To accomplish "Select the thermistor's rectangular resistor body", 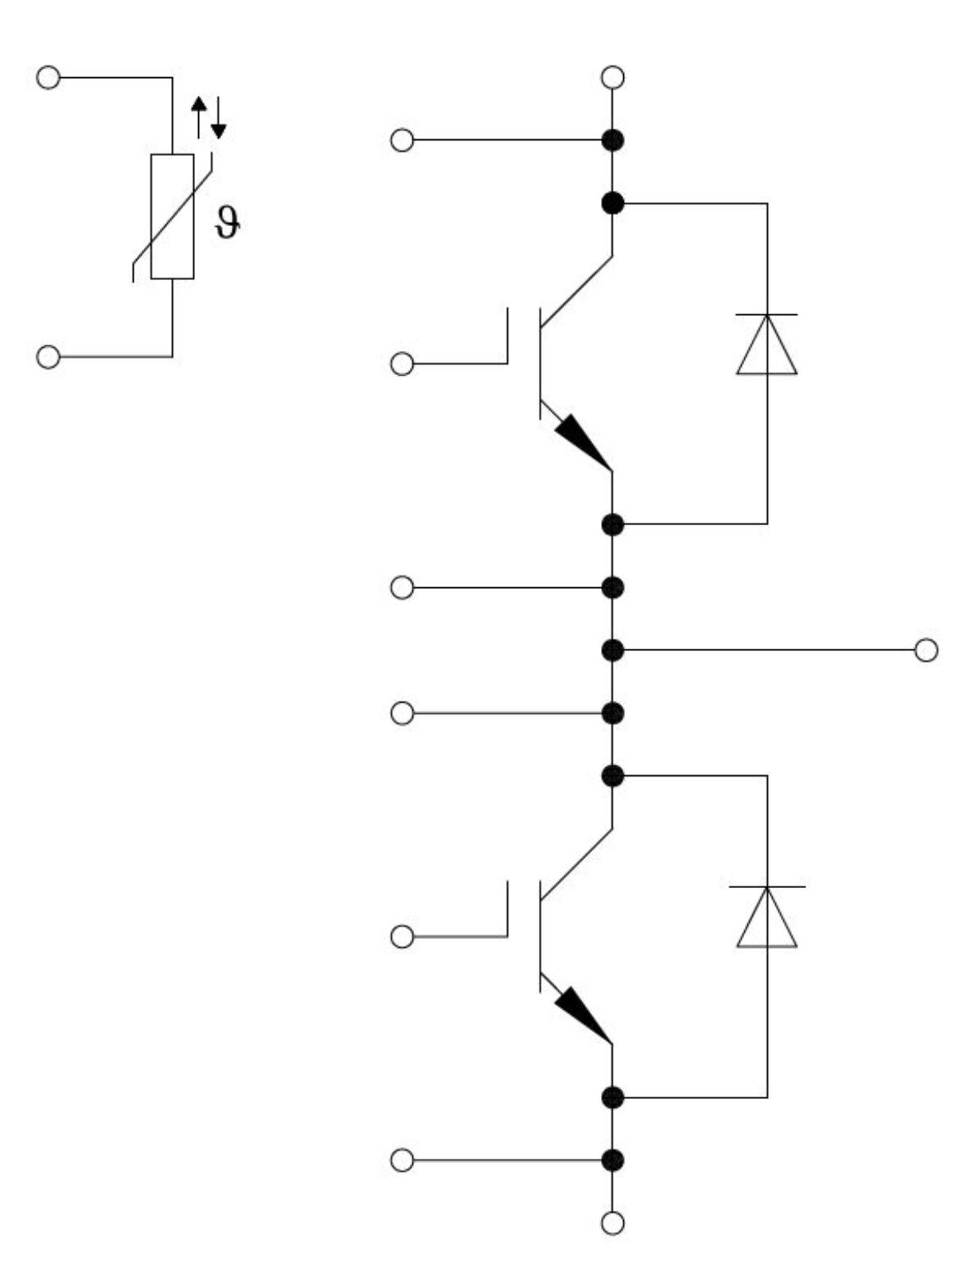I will (x=172, y=216).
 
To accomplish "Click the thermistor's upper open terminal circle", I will (x=49, y=78).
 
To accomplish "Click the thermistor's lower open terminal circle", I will (x=49, y=357).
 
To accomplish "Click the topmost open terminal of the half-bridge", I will (x=612, y=77).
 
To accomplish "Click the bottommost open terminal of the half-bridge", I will (x=612, y=1222).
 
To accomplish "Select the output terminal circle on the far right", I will (x=926, y=650).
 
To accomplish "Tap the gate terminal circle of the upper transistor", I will (x=403, y=364).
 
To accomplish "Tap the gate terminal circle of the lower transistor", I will (x=403, y=937).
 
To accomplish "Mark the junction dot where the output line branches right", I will (x=612, y=650).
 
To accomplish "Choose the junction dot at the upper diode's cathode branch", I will (x=612, y=203).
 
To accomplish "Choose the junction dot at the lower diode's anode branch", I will (x=612, y=1097).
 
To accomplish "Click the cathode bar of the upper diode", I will (x=766, y=315).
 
